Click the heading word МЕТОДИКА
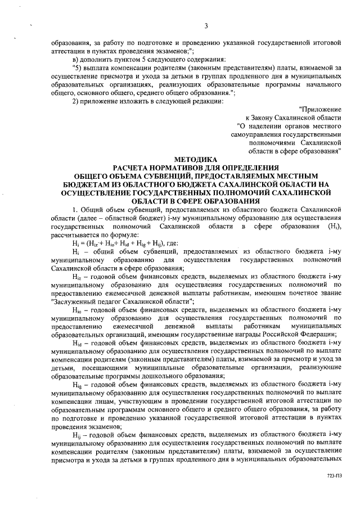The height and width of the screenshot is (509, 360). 195,159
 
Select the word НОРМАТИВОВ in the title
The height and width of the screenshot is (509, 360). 178,167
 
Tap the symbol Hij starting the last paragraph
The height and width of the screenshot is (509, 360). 77,434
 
